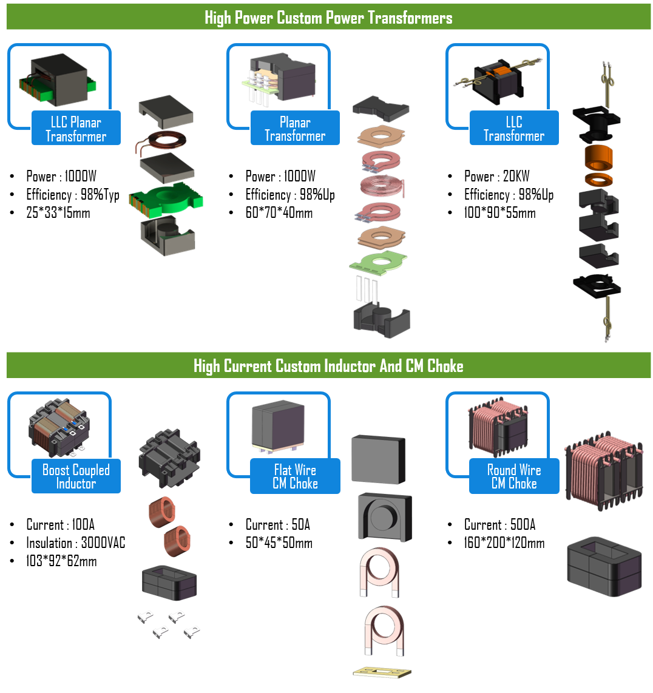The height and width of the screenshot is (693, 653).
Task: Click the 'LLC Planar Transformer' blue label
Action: click(76, 128)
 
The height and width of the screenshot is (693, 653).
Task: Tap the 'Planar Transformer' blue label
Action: click(295, 128)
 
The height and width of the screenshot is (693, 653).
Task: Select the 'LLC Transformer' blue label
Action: click(514, 128)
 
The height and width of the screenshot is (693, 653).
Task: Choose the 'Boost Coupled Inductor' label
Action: click(76, 476)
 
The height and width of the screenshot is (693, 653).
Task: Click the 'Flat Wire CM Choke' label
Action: click(295, 476)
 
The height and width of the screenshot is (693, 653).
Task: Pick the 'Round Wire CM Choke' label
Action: click(514, 476)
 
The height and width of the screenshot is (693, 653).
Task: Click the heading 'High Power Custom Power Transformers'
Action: click(328, 18)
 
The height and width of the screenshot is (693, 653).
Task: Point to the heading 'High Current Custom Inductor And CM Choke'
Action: click(328, 366)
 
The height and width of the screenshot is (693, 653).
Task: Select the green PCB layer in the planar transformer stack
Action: click(377, 262)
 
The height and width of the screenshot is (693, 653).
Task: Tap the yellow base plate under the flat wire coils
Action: click(382, 672)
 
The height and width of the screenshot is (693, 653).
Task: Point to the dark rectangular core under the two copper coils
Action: click(169, 582)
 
